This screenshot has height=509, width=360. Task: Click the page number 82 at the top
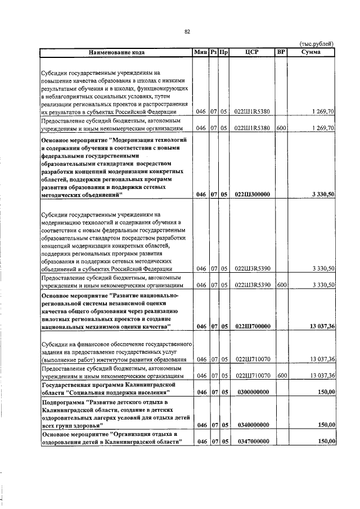[x=187, y=32]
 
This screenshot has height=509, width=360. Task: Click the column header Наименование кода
[x=116, y=52]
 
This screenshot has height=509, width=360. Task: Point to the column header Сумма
[x=311, y=52]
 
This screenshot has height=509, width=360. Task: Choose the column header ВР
[x=281, y=52]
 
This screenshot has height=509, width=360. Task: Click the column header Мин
[x=200, y=52]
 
